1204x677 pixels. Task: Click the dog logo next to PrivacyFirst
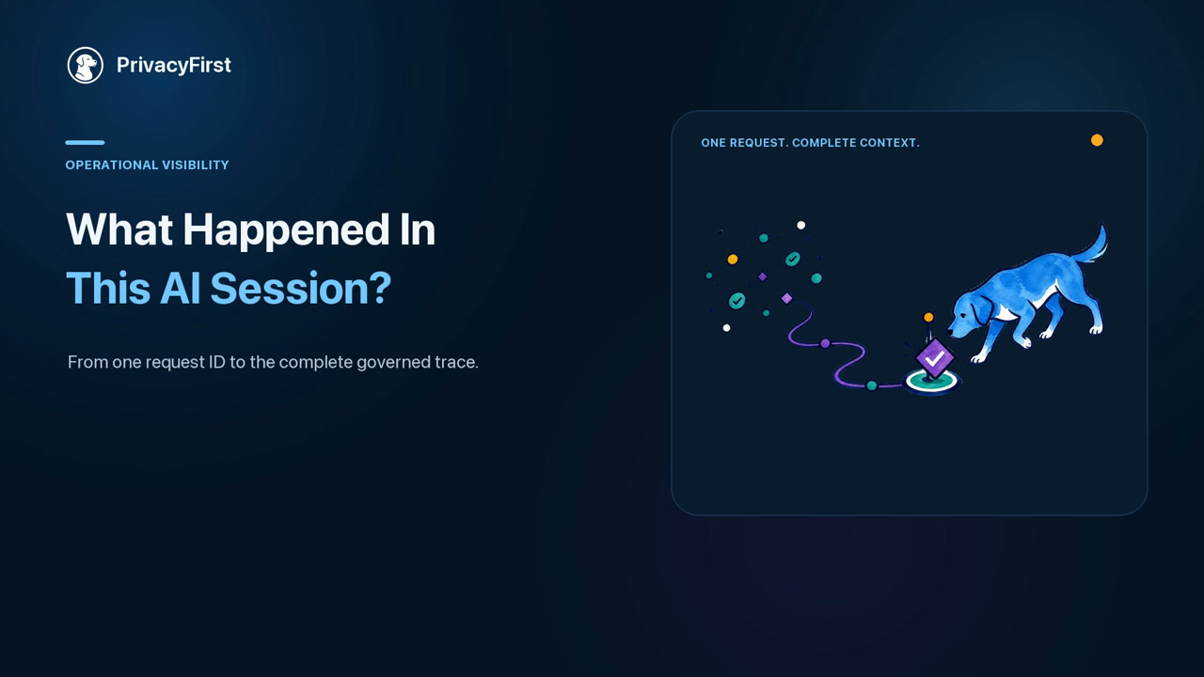point(85,65)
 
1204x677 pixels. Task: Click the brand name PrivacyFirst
point(174,65)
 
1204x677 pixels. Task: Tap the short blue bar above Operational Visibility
point(85,142)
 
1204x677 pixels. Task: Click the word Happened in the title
point(286,230)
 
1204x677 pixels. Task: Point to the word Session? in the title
point(301,289)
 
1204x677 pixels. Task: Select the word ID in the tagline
point(216,362)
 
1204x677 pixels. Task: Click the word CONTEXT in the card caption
point(890,143)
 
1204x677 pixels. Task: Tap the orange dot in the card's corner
point(1097,140)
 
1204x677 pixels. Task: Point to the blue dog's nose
point(950,333)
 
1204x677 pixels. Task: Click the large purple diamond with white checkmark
point(935,357)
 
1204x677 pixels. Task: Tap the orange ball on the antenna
point(928,317)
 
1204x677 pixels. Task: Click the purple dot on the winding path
point(825,343)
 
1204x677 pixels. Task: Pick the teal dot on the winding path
point(872,386)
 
